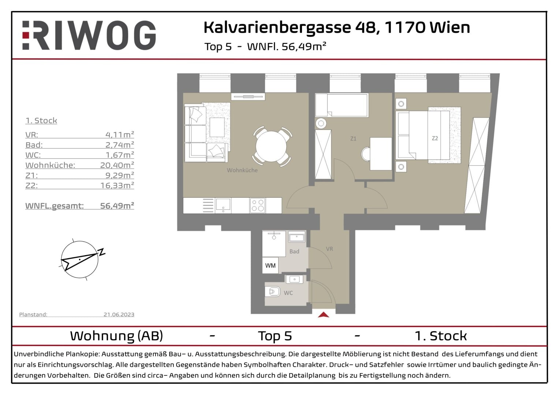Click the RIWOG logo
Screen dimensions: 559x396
[x=89, y=36]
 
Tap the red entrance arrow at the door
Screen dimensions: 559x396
[x=324, y=315]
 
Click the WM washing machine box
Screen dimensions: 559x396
[x=270, y=265]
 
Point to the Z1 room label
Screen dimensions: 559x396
[x=353, y=139]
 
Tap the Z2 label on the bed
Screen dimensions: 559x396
[x=435, y=138]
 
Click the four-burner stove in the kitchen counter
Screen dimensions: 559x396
[x=257, y=205]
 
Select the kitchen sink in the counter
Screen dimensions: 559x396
[x=223, y=205]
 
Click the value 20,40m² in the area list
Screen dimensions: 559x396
[x=117, y=165]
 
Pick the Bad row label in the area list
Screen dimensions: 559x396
[x=34, y=145]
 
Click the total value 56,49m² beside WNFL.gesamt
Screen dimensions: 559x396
[x=117, y=206]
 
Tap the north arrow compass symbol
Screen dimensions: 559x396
[x=80, y=260]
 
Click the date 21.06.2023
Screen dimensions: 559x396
[x=119, y=314]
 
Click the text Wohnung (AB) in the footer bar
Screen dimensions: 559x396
[x=116, y=335]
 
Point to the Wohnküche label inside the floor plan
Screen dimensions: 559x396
[x=242, y=170]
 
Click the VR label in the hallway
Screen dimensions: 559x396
[x=329, y=249]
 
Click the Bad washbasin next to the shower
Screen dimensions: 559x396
[x=296, y=237]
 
